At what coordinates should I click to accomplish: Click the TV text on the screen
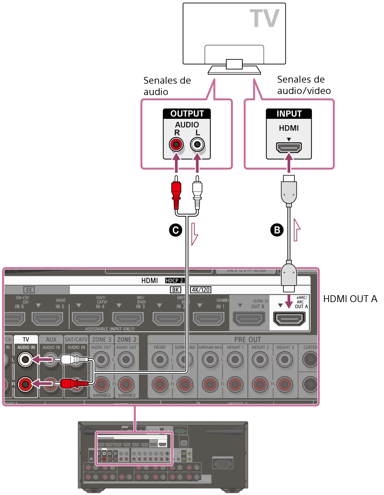pyautogui.click(x=264, y=19)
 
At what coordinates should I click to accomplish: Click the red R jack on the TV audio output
pyautogui.click(x=176, y=144)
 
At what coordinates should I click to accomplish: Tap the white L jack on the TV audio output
pyautogui.click(x=197, y=144)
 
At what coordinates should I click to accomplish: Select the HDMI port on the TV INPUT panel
pyautogui.click(x=289, y=147)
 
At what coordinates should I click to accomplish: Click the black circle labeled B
pyautogui.click(x=277, y=230)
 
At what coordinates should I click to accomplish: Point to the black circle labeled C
pyautogui.click(x=175, y=230)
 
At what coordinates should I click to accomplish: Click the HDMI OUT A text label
pyautogui.click(x=350, y=299)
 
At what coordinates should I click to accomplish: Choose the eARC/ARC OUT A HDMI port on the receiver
pyautogui.click(x=289, y=319)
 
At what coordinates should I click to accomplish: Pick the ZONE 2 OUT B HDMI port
pyautogui.click(x=249, y=319)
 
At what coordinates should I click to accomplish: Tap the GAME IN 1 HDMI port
pyautogui.click(x=209, y=319)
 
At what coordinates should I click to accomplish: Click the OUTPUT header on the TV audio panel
pyautogui.click(x=187, y=114)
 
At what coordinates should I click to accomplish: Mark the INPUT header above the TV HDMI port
pyautogui.click(x=289, y=114)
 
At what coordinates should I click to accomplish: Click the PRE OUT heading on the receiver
pyautogui.click(x=247, y=339)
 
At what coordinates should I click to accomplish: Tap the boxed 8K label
pyautogui.click(x=175, y=290)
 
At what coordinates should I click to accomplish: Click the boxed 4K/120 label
pyautogui.click(x=201, y=290)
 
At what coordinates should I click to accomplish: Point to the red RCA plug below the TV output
pyautogui.click(x=176, y=193)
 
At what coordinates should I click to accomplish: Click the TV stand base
pyautogui.click(x=234, y=70)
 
